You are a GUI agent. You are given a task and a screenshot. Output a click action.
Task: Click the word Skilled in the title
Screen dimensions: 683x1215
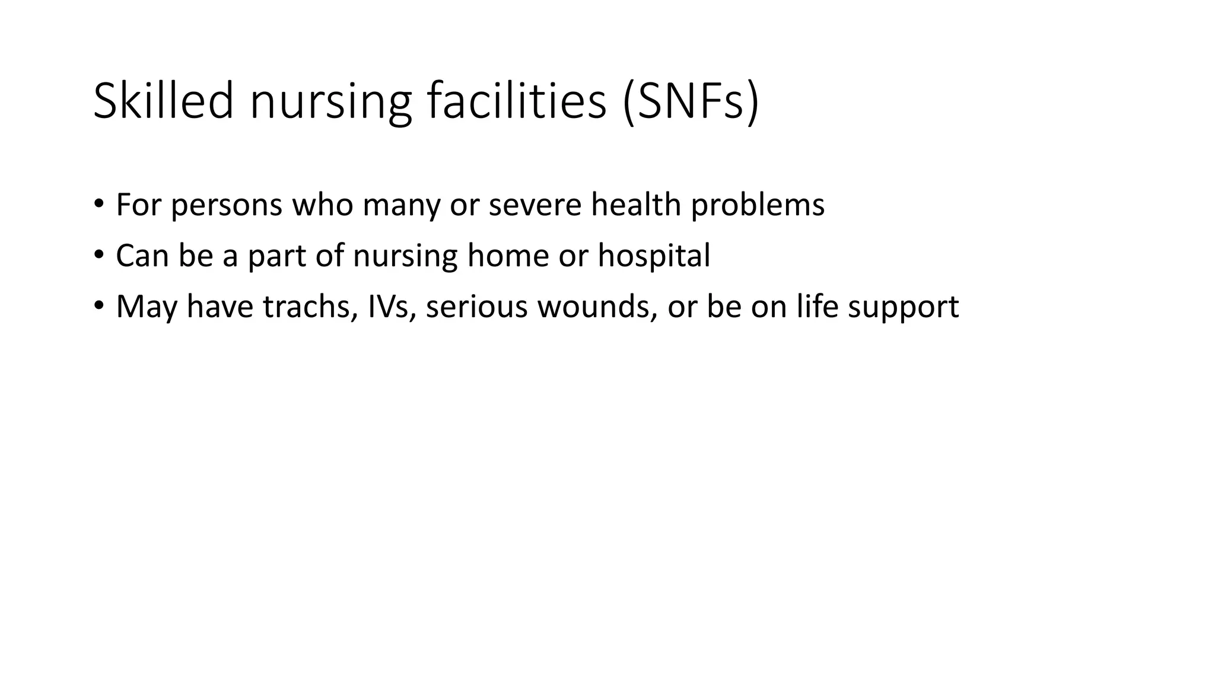(163, 101)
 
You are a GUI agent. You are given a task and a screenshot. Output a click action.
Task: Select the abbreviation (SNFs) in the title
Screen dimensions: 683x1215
(691, 101)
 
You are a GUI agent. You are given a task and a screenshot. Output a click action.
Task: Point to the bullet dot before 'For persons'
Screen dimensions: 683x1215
(98, 204)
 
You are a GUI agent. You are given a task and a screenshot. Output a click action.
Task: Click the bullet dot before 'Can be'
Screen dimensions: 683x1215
(98, 255)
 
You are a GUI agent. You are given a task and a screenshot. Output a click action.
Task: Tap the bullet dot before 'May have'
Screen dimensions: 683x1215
(98, 306)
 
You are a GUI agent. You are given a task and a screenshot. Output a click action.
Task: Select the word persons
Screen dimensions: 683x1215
(227, 206)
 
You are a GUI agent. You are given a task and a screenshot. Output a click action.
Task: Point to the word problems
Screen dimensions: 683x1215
(758, 206)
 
